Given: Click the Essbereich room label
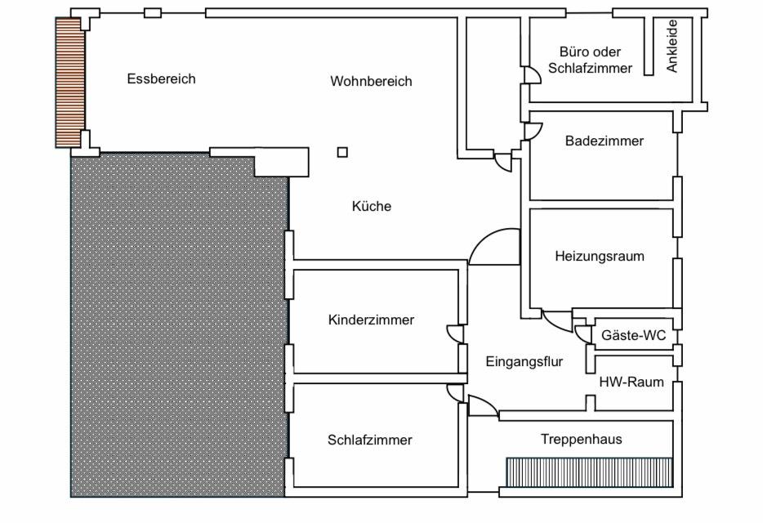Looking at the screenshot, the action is [161, 79].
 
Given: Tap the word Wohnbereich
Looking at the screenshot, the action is [371, 82].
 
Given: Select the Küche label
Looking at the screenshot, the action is [372, 207].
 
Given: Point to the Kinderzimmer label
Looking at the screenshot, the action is [371, 320].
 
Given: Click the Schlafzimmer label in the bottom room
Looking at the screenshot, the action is [370, 440].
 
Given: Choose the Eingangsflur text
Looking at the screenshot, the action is [524, 362].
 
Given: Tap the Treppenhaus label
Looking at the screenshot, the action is [581, 440].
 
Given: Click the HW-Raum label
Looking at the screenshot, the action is [631, 382].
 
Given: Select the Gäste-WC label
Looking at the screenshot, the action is [633, 336].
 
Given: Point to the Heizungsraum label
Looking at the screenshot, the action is [599, 257].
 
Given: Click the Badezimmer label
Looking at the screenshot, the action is [604, 141].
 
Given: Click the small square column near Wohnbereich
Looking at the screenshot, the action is [342, 151].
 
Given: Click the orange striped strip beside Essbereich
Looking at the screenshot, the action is [69, 82].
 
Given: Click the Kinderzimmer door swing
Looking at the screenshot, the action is [453, 333].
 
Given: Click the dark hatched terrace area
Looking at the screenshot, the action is [178, 327].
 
